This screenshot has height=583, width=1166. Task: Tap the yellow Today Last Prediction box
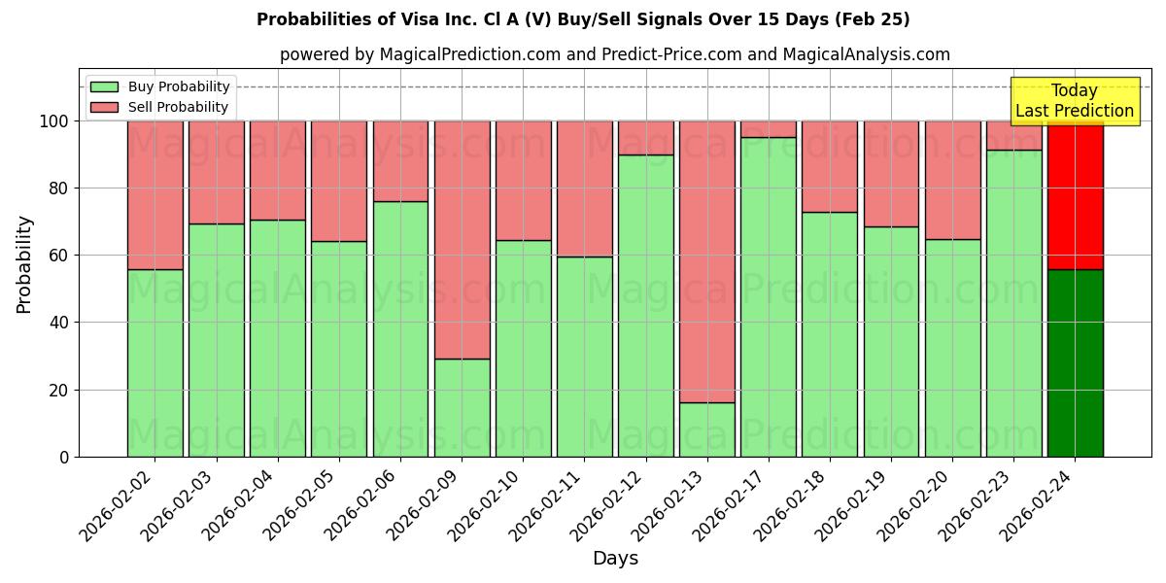click(1074, 101)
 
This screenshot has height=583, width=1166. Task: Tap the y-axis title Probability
click(24, 263)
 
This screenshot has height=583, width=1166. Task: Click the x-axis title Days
click(615, 559)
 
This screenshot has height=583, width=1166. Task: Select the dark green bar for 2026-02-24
click(1075, 362)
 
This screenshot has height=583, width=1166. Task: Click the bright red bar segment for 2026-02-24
click(1075, 194)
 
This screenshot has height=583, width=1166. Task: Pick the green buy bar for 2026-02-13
click(706, 429)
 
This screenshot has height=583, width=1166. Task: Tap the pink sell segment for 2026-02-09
click(462, 240)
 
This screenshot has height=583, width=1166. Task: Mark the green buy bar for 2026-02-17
click(768, 296)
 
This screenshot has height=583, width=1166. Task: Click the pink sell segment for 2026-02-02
click(154, 194)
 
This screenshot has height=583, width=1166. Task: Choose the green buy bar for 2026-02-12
click(645, 305)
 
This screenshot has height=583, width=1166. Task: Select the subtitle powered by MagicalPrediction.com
click(614, 54)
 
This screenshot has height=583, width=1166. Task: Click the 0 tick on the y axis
click(64, 457)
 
